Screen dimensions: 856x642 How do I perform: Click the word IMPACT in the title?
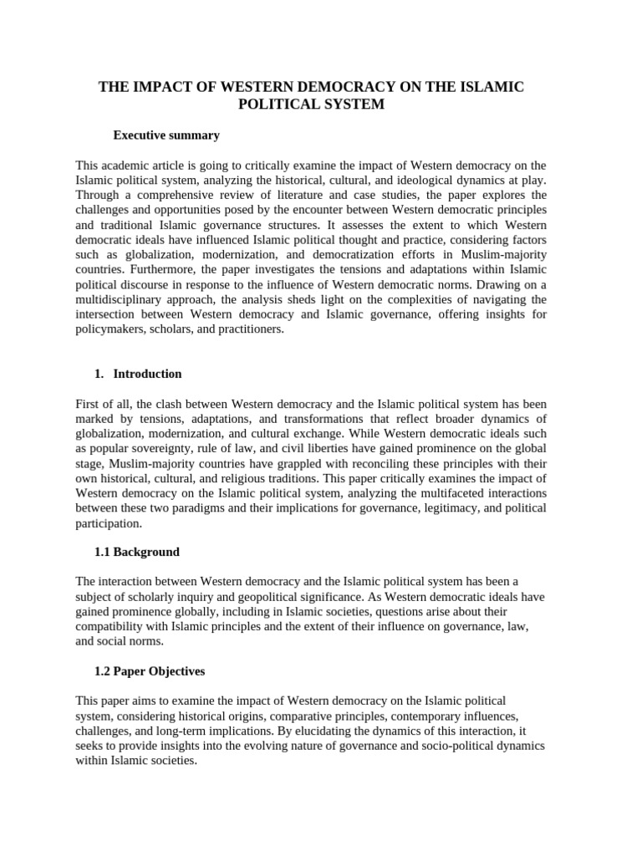157,87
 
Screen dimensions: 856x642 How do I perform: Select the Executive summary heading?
166,135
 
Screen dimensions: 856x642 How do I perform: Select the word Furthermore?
151,270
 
